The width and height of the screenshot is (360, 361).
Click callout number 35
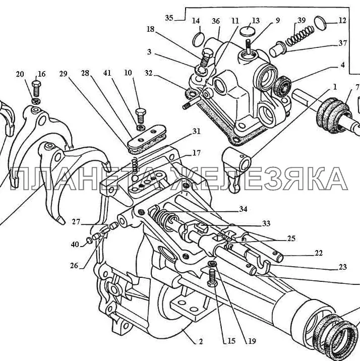pos(169,18)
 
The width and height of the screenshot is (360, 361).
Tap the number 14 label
pos(196,21)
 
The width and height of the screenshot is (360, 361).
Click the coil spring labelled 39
pos(297,36)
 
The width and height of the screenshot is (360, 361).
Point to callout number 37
pos(342,43)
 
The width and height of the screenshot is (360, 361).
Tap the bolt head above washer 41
pos(142,112)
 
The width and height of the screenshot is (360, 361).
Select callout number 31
pos(196,132)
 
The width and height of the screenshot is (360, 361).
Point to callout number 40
pos(75,245)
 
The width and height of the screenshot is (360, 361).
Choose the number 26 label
pos(74,266)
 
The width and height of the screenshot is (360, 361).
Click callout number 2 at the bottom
pos(200,341)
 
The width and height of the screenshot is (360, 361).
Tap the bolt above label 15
pos(212,276)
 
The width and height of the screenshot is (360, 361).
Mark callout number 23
pos(328,268)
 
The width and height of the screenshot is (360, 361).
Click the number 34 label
pos(244,209)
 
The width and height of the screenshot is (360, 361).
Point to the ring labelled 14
pos(199,39)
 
